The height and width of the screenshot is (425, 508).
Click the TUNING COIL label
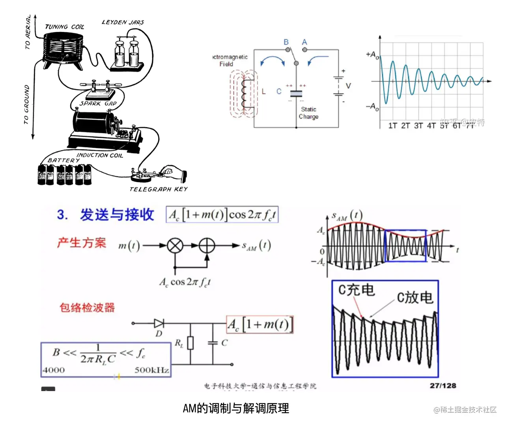65,27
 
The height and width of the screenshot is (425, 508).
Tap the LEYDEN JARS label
123,22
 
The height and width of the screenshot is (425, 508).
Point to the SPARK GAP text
98,103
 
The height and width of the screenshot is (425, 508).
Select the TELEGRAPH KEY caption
159,189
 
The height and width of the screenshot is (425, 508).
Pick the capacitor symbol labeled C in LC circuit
296,94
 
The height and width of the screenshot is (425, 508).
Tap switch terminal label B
286,42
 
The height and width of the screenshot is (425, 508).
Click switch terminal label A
304,42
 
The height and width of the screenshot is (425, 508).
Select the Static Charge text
308,113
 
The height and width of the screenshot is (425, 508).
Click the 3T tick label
418,126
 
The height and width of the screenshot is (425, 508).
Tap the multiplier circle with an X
175,246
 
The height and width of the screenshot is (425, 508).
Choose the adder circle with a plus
207,246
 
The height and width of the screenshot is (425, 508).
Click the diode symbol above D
159,323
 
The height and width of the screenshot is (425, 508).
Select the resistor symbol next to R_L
190,343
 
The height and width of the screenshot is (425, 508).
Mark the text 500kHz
152,370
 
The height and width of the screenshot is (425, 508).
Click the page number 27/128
443,386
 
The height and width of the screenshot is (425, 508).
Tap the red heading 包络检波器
87,308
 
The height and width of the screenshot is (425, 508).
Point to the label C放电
415,297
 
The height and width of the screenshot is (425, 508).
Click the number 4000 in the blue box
54,370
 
